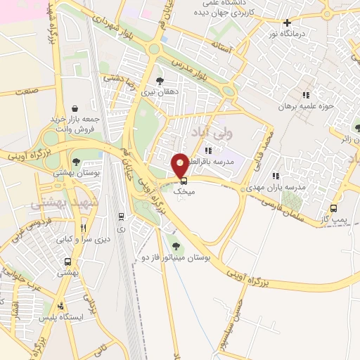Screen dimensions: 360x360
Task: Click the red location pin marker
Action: click(180, 164)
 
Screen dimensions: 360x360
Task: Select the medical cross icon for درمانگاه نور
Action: click(287, 23)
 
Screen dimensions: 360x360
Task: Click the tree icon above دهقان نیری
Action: click(160, 81)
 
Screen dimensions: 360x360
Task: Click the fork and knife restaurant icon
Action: click(84, 228)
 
